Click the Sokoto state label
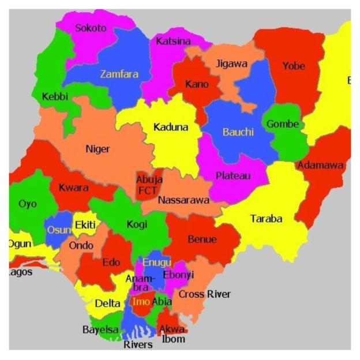tap(91, 28)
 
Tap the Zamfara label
tap(119, 74)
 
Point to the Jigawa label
tap(231, 63)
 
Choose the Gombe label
tap(282, 124)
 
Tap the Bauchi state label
tap(238, 132)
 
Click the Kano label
tap(197, 84)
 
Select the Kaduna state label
tap(170, 127)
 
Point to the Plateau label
tap(233, 175)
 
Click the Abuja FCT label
tap(149, 185)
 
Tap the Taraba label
tap(266, 219)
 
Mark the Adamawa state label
tap(320, 166)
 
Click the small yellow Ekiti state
tap(83, 223)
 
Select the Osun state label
tap(58, 230)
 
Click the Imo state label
tap(141, 301)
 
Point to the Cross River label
tap(204, 294)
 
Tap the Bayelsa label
tap(100, 330)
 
